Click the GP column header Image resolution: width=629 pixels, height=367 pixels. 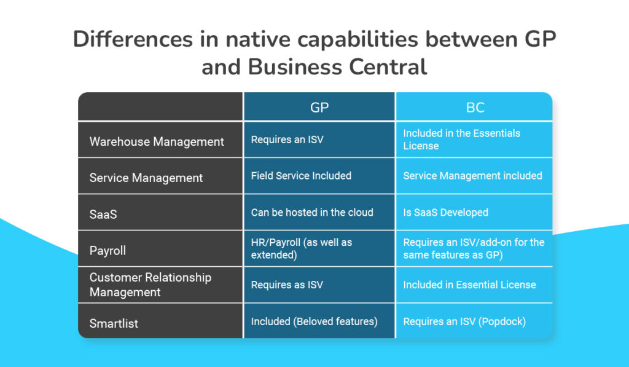tap(319, 108)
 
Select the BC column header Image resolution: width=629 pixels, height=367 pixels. tap(475, 108)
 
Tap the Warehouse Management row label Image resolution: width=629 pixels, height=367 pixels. tap(157, 142)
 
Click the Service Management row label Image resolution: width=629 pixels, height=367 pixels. tap(146, 178)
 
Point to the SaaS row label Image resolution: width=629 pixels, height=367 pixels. tap(103, 215)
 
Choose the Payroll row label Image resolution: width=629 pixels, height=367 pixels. tap(107, 251)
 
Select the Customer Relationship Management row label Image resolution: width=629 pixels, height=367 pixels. tap(150, 285)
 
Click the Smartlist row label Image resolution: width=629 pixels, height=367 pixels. tap(114, 323)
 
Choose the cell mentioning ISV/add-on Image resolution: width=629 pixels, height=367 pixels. tap(474, 248)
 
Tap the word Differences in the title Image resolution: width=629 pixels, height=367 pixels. tap(133, 39)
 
